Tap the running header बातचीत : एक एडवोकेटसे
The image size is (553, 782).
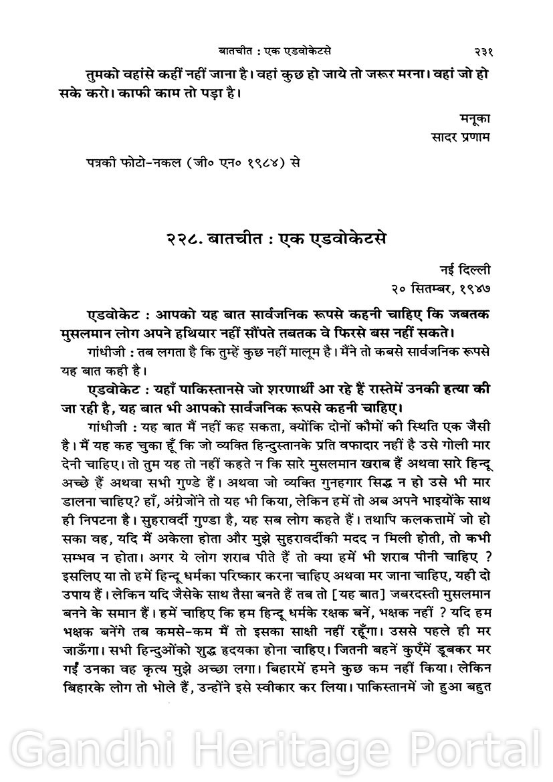tap(276, 51)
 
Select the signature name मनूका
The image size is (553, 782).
tap(475, 119)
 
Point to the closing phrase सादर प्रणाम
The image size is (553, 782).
tap(462, 137)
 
